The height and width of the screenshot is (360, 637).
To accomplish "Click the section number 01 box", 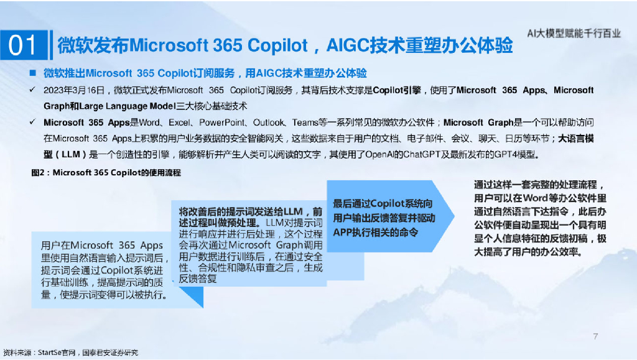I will [x=24, y=46].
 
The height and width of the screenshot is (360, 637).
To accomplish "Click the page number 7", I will [x=595, y=336].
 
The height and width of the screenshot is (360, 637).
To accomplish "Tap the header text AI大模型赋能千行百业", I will [x=573, y=34].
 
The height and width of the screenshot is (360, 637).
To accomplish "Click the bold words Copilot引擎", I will [x=397, y=91].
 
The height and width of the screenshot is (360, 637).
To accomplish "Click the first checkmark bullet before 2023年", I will [x=32, y=91].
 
